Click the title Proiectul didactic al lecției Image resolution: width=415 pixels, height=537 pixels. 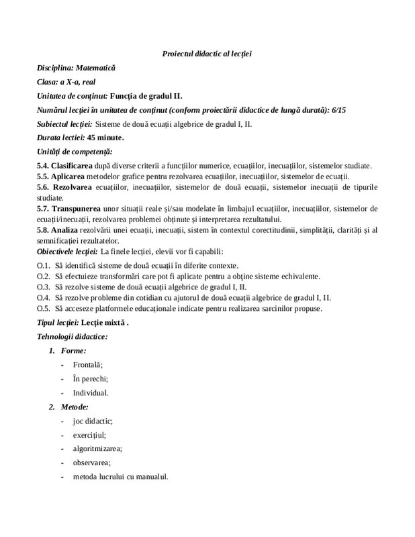(x=207, y=53)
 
